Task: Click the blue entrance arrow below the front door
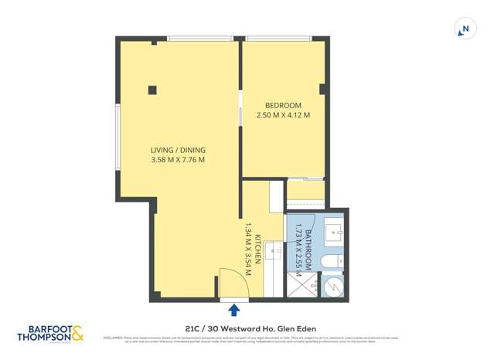(x=234, y=311)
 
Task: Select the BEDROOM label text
(x=283, y=105)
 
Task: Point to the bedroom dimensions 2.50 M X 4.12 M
(x=283, y=116)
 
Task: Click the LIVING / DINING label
(x=178, y=150)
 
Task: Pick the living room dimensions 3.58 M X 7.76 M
(x=178, y=160)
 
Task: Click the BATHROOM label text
(x=308, y=246)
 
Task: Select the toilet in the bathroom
(x=330, y=263)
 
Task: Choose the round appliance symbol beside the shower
(x=333, y=286)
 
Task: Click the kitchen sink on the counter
(x=274, y=252)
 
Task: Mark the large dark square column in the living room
(x=152, y=90)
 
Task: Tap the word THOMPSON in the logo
(x=44, y=337)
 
